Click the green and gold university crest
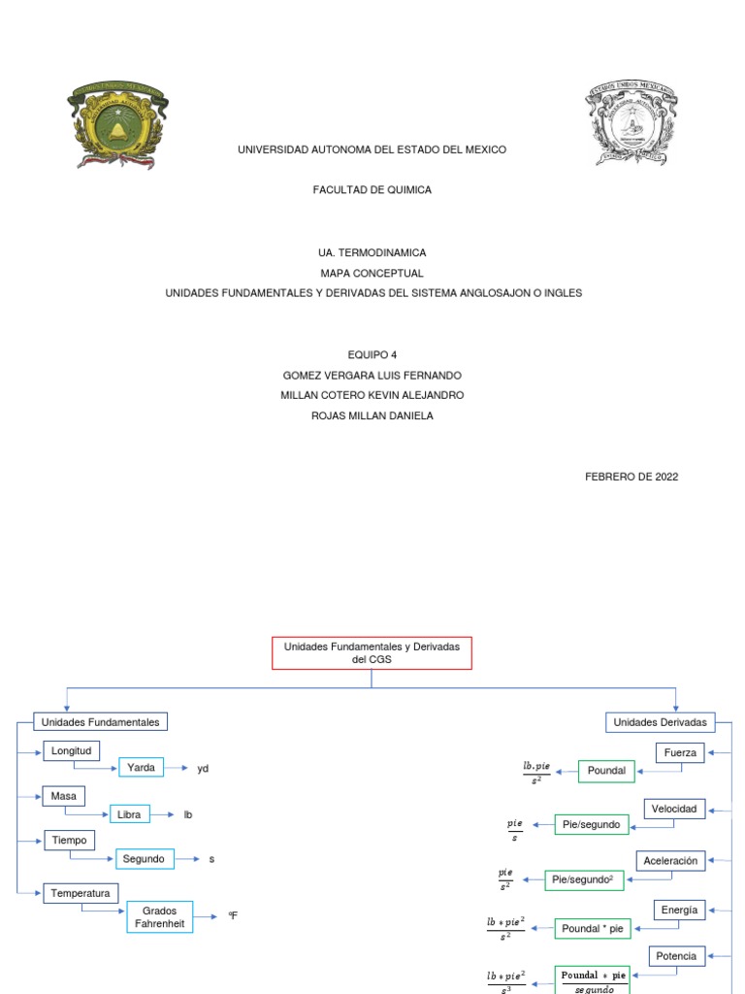click(x=116, y=125)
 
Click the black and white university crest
click(x=632, y=123)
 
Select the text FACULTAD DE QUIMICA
click(x=372, y=190)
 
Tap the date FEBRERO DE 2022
click(x=632, y=477)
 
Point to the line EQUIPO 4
click(x=372, y=354)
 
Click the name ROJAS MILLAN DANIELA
click(x=372, y=415)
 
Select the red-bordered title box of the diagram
click(x=372, y=652)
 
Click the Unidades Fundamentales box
click(x=100, y=722)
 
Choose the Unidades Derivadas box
click(x=661, y=722)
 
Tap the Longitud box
click(x=71, y=751)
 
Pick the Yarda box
click(x=141, y=768)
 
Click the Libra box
click(x=129, y=814)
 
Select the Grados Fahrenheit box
click(x=160, y=917)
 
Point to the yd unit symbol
click(x=203, y=769)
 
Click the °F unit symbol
click(x=233, y=915)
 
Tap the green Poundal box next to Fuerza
click(x=606, y=772)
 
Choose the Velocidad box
click(x=674, y=809)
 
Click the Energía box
click(x=679, y=911)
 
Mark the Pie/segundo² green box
click(x=584, y=879)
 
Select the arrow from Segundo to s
click(x=188, y=859)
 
